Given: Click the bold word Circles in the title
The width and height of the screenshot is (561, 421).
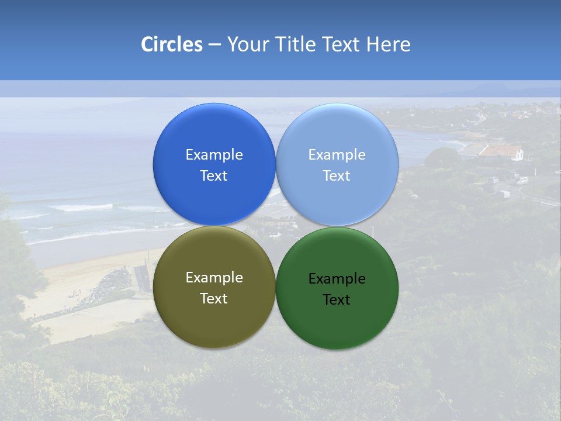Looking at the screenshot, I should [x=171, y=44].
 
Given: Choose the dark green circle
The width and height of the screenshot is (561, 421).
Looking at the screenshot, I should [x=337, y=321].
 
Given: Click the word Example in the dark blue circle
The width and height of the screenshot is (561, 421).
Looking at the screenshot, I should [x=214, y=155].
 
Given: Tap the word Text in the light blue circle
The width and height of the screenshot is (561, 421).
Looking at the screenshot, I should [x=337, y=176].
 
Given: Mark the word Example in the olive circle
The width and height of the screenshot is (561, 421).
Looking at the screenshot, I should [x=214, y=278].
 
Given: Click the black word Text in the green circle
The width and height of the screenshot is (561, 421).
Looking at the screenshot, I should [x=337, y=300].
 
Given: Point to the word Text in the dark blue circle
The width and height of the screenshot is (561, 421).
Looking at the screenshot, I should [x=214, y=176].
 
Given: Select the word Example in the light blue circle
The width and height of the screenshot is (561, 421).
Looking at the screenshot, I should [x=337, y=155].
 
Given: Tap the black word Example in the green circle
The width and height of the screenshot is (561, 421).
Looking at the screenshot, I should [x=337, y=279].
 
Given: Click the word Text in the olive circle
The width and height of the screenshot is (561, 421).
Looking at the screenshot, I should [x=214, y=299].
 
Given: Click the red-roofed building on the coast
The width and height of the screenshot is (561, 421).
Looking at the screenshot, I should [x=501, y=151].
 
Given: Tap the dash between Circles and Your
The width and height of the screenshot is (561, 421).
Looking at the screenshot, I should [x=214, y=44].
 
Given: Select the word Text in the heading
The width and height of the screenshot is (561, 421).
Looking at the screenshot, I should [x=342, y=44].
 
